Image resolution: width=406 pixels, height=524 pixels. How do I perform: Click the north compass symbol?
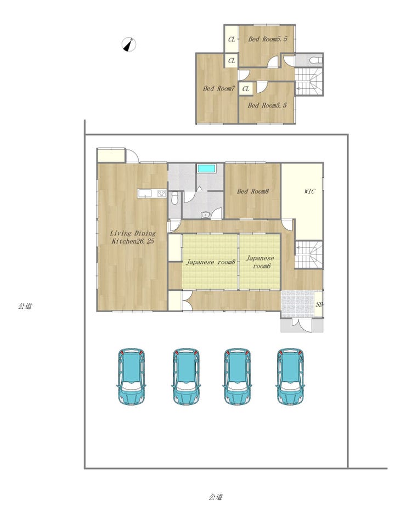pyautogui.click(x=129, y=45)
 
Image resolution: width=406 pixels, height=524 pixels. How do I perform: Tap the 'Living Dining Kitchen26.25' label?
pyautogui.click(x=133, y=237)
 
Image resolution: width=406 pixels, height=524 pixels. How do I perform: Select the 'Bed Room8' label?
pyautogui.click(x=252, y=191)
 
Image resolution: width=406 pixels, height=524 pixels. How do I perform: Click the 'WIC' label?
pyautogui.click(x=309, y=191)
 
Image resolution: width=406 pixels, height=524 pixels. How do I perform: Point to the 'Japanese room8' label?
pyautogui.click(x=211, y=262)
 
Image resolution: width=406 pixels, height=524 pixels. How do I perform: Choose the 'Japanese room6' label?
pyautogui.click(x=260, y=262)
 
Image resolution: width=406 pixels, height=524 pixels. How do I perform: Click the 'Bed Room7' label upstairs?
pyautogui.click(x=219, y=88)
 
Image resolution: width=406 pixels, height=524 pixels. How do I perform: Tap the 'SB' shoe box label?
pyautogui.click(x=319, y=305)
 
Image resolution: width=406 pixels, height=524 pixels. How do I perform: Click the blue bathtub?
pyautogui.click(x=207, y=168)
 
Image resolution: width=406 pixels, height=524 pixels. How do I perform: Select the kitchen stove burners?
pyautogui.click(x=161, y=193)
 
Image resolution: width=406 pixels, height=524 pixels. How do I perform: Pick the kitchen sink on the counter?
pyautogui.click(x=145, y=193)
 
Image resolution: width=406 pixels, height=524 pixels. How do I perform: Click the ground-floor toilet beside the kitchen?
pyautogui.click(x=174, y=199)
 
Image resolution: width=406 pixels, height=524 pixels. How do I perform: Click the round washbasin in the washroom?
pyautogui.click(x=205, y=215)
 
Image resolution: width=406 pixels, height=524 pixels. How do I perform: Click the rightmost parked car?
pyautogui.click(x=290, y=376)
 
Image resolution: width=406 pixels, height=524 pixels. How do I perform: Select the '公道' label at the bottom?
pyautogui.click(x=216, y=497)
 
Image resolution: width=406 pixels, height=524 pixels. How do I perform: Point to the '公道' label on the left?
pyautogui.click(x=25, y=306)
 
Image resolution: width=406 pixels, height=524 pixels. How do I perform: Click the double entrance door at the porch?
pyautogui.click(x=300, y=325)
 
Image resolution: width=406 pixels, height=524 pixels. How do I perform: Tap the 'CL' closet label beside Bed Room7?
pyautogui.click(x=231, y=61)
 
